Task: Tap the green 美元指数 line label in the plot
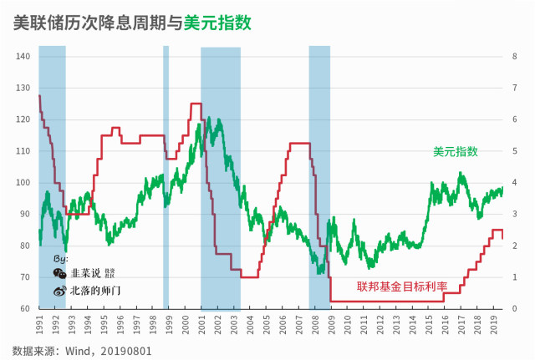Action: [x=456, y=151]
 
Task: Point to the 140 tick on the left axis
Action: [x=23, y=57]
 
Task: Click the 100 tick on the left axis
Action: [x=23, y=183]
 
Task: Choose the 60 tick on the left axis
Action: [x=25, y=309]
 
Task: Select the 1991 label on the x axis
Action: [x=39, y=320]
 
